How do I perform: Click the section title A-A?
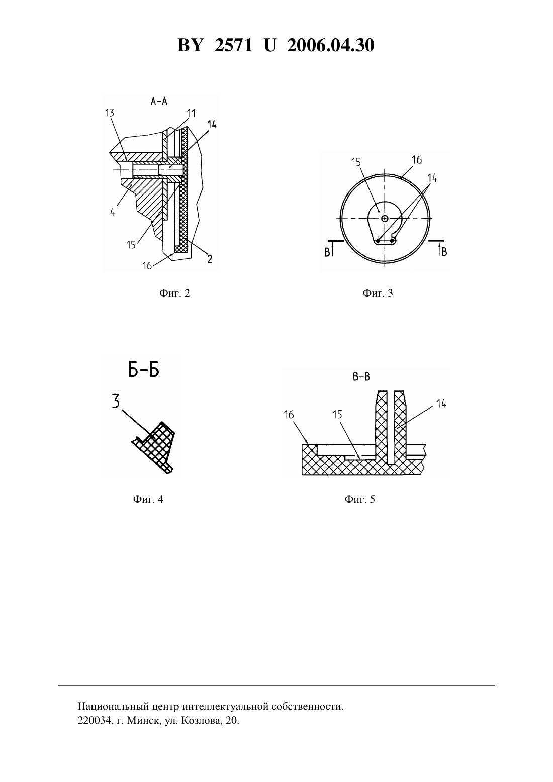click(x=159, y=101)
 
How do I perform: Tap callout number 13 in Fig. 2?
click(x=110, y=113)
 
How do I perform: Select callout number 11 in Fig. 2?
click(x=191, y=113)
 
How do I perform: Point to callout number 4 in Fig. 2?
click(x=113, y=212)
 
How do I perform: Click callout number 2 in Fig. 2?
click(x=210, y=259)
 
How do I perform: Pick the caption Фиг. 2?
click(x=174, y=293)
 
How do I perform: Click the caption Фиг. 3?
click(x=378, y=293)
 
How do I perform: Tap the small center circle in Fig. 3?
click(x=385, y=219)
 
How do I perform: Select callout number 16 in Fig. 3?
click(x=416, y=160)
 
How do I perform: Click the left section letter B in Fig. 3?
click(x=327, y=252)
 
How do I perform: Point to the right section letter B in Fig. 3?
click(x=444, y=252)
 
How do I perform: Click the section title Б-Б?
click(x=143, y=371)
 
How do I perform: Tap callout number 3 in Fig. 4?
click(x=116, y=401)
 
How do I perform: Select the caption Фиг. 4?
click(x=148, y=499)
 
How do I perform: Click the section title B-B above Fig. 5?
click(x=361, y=377)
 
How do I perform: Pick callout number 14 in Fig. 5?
click(x=441, y=404)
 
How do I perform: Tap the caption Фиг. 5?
click(x=359, y=499)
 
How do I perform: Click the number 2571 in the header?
click(x=233, y=45)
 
